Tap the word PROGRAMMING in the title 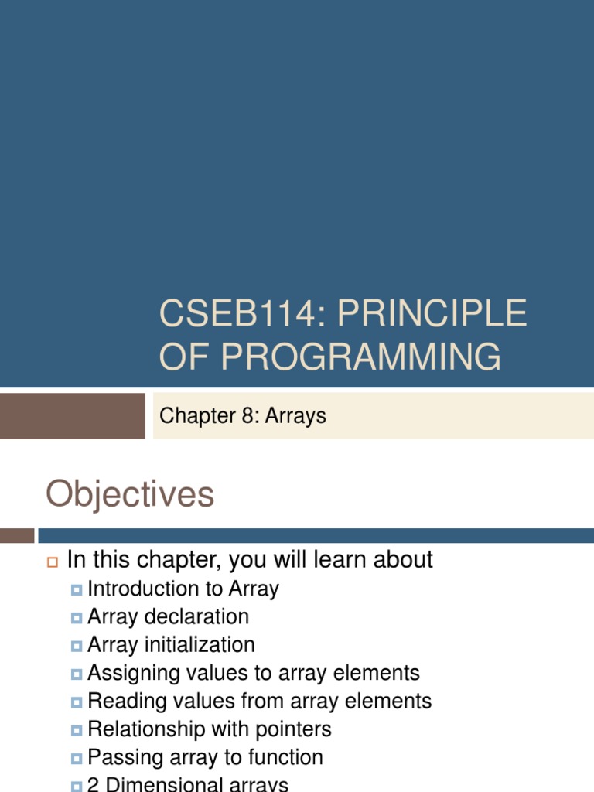pyautogui.click(x=360, y=357)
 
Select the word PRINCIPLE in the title pyautogui.click(x=432, y=315)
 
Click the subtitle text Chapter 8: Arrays pyautogui.click(x=242, y=416)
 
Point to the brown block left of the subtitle pyautogui.click(x=72, y=416)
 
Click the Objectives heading pyautogui.click(x=130, y=494)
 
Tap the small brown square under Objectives pyautogui.click(x=16, y=535)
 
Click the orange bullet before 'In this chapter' pyautogui.click(x=53, y=562)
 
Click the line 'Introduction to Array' pyautogui.click(x=183, y=589)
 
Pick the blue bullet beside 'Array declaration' pyautogui.click(x=76, y=618)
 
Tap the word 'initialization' pyautogui.click(x=207, y=645)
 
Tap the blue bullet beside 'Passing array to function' pyautogui.click(x=76, y=759)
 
